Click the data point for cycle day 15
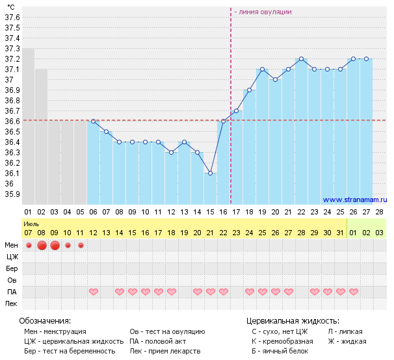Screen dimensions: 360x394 (210, 173)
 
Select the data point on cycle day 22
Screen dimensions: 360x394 (301, 58)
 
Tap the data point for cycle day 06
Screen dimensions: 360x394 (93, 121)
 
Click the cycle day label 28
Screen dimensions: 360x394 (379, 212)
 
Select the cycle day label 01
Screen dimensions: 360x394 (28, 212)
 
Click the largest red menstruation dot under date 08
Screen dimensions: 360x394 (42, 245)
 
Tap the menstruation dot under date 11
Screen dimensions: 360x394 (81, 245)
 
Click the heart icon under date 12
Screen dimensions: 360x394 (93, 292)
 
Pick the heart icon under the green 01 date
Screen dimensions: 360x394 (353, 292)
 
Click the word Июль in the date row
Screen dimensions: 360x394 (32, 223)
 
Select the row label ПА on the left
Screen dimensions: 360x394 (11, 292)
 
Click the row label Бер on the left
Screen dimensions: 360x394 (11, 268)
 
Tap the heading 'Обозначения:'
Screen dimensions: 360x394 (45, 321)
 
